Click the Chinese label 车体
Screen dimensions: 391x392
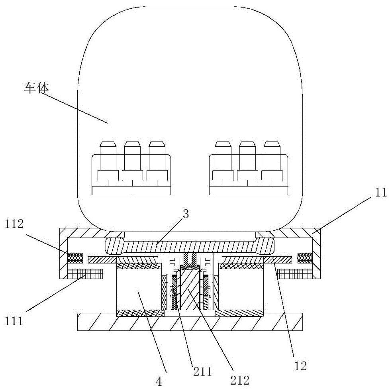tap(35, 87)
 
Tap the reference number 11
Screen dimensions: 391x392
tap(381, 193)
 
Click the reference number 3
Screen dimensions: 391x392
tap(186, 214)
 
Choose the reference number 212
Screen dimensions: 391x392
tap(240, 380)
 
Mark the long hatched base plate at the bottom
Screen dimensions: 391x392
tap(190, 322)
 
